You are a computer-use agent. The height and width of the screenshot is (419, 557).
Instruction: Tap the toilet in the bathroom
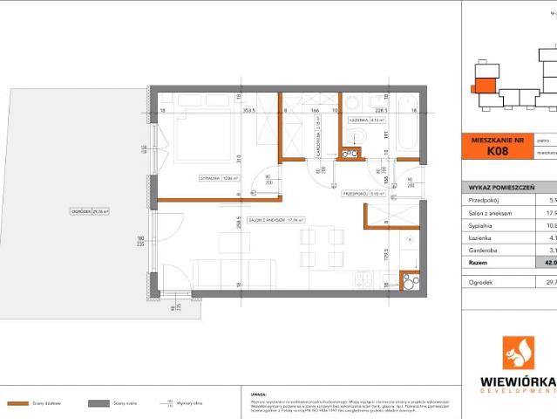[x=357, y=136]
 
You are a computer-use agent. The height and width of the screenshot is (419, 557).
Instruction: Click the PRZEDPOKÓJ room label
[x=357, y=194]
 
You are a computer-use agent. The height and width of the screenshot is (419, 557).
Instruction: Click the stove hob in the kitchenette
[x=364, y=280]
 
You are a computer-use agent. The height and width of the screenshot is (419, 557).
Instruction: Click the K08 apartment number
[x=497, y=151]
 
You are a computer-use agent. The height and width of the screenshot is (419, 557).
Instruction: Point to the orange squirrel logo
[x=525, y=354]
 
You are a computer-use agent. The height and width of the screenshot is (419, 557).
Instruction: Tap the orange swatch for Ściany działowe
[x=18, y=403]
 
